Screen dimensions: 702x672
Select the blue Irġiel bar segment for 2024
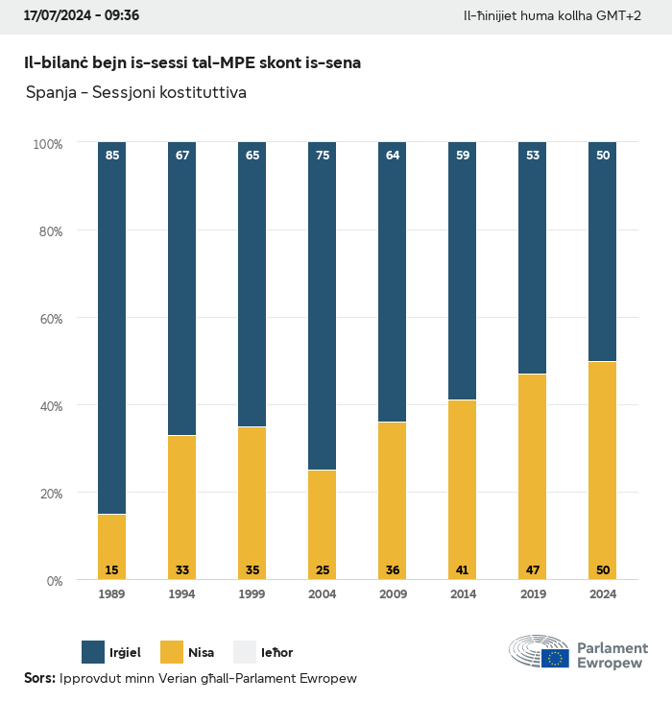(x=602, y=252)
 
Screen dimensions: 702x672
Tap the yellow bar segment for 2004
(x=322, y=524)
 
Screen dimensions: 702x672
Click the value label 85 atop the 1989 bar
(x=112, y=156)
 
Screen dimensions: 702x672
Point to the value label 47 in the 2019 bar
(x=532, y=570)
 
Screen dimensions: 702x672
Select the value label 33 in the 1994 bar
(x=181, y=570)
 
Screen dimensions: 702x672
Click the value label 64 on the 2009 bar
(x=392, y=156)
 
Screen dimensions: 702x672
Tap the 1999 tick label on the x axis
(x=252, y=595)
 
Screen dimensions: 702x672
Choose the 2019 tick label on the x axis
(x=532, y=595)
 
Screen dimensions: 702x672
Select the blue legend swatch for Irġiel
(x=94, y=652)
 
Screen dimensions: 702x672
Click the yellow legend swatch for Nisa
(x=171, y=652)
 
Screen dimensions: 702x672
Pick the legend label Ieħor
(x=277, y=653)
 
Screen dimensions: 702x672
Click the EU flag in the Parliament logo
(x=555, y=658)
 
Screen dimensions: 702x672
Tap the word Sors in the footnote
(x=38, y=679)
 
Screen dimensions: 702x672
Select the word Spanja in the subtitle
(x=49, y=93)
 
